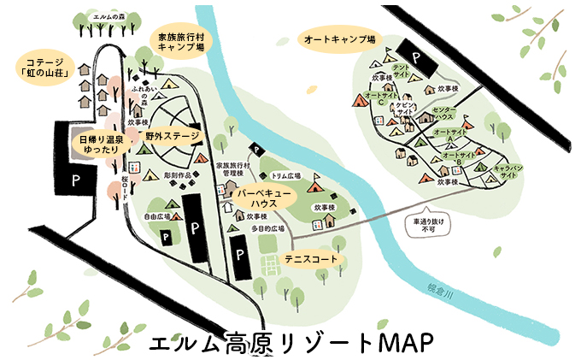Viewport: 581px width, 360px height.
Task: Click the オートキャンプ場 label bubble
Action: (339, 39)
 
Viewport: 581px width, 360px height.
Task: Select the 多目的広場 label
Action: (267, 230)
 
